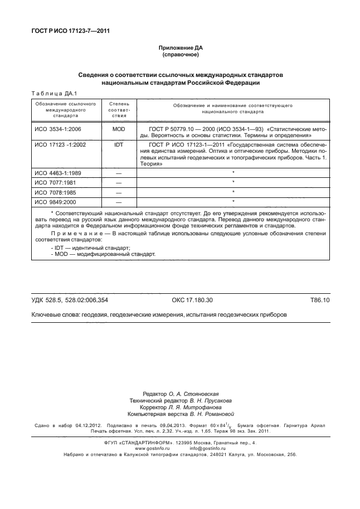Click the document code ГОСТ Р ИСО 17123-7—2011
coord(70,31)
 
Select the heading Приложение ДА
coord(180,49)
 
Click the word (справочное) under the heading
coord(180,56)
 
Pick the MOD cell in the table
coord(118,128)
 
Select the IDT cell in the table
coord(118,144)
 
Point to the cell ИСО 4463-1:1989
coord(58,173)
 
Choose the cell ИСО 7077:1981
coord(55,182)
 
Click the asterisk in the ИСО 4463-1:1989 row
coord(232,173)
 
